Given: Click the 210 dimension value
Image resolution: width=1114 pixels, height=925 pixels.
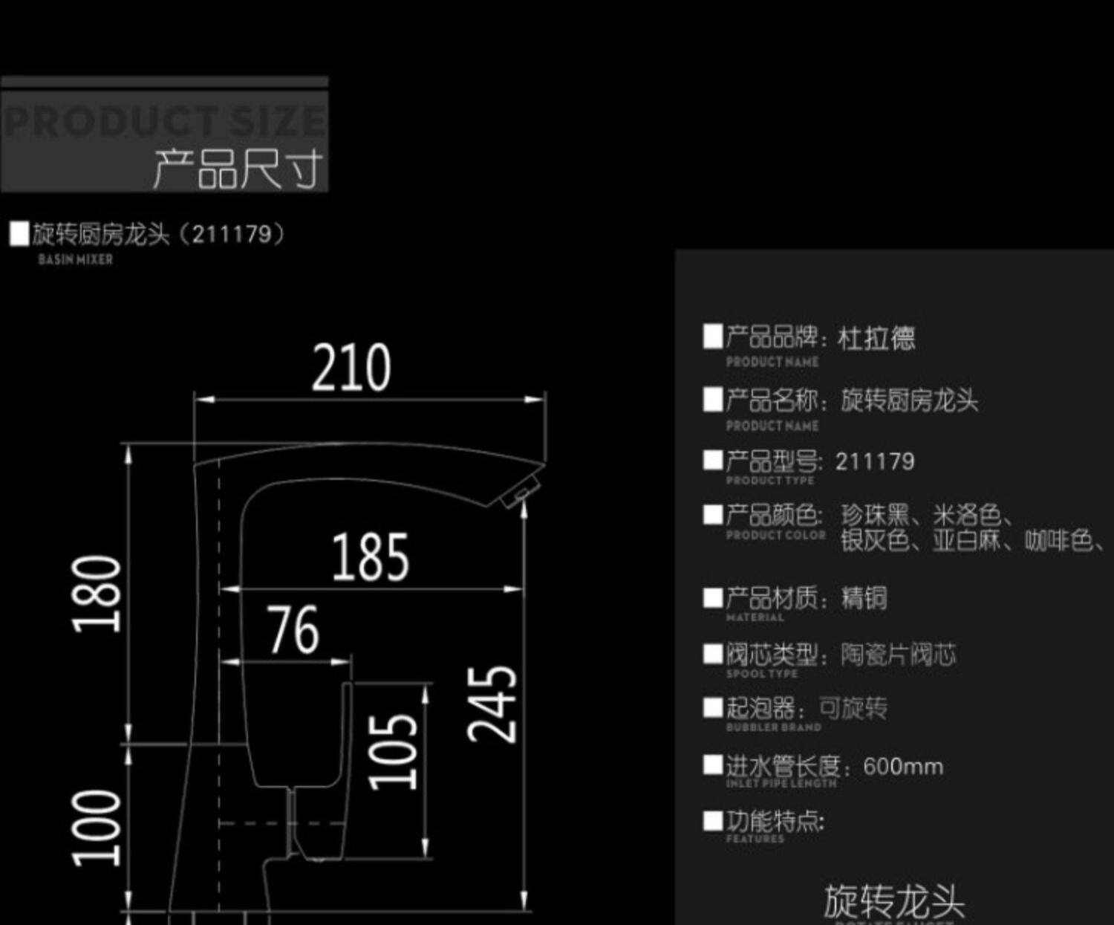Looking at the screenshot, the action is coord(351,367).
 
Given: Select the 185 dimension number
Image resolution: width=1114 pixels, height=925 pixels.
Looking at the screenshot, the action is coord(370,556).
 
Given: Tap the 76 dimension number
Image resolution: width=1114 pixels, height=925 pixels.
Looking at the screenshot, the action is coord(294,629).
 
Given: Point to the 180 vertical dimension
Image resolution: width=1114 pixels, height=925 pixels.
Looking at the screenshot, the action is coord(97,593).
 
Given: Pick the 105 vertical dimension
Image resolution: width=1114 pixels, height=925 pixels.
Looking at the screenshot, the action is coord(394,750).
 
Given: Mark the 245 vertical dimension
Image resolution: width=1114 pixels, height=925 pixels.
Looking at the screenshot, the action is coord(492,703).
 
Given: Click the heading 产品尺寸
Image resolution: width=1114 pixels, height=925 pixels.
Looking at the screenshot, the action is coord(238,169).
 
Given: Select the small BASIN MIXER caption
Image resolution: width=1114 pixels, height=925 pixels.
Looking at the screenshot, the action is coord(75,260).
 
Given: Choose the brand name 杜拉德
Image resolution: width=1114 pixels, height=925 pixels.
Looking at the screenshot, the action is coord(876,339).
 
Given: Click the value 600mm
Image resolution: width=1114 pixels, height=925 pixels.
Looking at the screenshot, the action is coord(903,767).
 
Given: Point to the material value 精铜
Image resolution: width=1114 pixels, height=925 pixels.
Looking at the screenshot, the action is coord(864,598).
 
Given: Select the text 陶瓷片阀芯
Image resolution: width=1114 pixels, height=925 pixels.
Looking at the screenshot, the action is coord(898,655).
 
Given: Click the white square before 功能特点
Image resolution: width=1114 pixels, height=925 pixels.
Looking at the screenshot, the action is coord(713,821).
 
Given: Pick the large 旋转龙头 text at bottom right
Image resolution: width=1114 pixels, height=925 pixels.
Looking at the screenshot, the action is coord(894,901).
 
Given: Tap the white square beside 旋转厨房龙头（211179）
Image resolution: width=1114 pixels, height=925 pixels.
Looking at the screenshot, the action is coord(19,234).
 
